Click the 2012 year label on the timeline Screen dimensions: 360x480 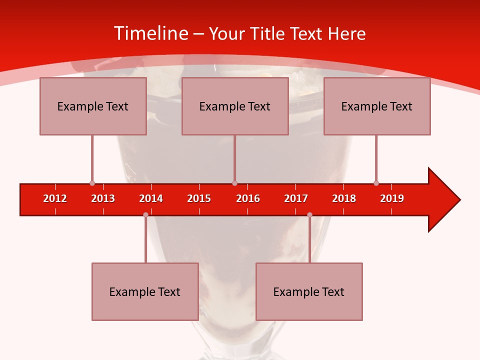(x=55, y=198)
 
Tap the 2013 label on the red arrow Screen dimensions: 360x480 (x=103, y=198)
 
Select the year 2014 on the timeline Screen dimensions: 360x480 (x=151, y=198)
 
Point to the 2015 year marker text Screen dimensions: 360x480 (x=199, y=198)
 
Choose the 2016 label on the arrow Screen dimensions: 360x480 (x=248, y=198)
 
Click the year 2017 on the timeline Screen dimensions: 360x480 (x=296, y=198)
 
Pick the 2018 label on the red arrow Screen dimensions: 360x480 (x=344, y=198)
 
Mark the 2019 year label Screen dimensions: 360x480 (x=392, y=198)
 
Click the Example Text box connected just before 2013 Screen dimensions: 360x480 (x=93, y=106)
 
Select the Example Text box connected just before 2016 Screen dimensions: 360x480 (x=235, y=106)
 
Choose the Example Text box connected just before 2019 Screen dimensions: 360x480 (x=377, y=106)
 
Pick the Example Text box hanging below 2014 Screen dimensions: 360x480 (x=145, y=291)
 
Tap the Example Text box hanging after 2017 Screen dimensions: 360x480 (x=309, y=291)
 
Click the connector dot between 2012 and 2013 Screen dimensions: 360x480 (x=92, y=183)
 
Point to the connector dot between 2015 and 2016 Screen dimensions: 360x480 (x=234, y=183)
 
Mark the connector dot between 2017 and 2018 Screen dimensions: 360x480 (x=309, y=215)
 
